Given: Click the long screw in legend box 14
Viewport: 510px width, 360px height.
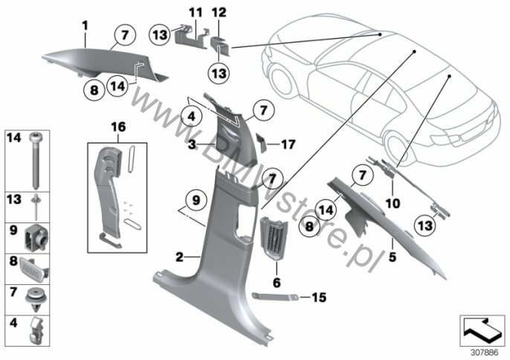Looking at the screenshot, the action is point(35,161).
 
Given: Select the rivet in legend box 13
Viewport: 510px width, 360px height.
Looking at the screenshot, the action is point(35,207).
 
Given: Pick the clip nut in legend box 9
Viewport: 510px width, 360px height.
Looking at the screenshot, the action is point(36,238).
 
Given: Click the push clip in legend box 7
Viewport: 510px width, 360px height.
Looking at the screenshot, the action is point(36,299).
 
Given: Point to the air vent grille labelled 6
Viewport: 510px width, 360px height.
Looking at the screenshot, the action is point(274,237).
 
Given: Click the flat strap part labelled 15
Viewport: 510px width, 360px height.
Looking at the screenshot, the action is point(276,296).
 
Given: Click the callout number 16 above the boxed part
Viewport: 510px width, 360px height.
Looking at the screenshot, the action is point(118,127).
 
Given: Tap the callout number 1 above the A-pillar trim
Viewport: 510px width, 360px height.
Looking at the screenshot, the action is point(85,26).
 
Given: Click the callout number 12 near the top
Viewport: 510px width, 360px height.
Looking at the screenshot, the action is point(219,13).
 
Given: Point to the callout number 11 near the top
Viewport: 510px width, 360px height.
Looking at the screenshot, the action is point(196,13).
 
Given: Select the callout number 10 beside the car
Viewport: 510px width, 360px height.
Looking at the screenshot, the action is point(393,204).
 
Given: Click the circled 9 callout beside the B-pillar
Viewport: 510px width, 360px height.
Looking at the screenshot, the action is point(196,201).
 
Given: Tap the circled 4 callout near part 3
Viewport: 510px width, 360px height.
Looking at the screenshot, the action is point(191,116).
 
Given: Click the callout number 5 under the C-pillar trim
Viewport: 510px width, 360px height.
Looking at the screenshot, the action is point(393,257).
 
